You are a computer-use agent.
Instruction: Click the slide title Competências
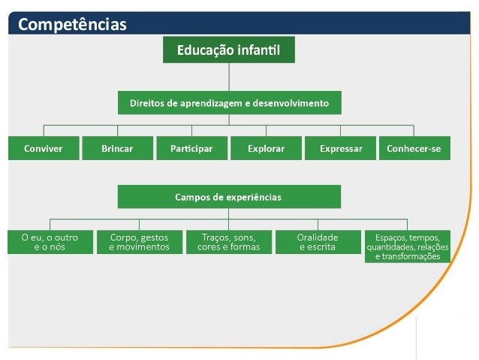click(x=72, y=25)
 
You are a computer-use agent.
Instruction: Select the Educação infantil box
click(x=229, y=51)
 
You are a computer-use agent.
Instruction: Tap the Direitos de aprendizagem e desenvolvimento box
click(x=229, y=102)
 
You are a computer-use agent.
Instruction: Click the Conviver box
click(x=43, y=149)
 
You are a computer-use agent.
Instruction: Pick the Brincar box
click(x=116, y=149)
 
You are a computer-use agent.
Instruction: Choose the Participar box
click(x=191, y=149)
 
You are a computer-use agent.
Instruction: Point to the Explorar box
click(x=266, y=149)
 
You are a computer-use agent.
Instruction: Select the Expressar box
click(x=340, y=149)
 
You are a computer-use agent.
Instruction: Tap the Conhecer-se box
click(x=414, y=149)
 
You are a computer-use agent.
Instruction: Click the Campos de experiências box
click(x=229, y=197)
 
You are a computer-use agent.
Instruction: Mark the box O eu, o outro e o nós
click(x=50, y=242)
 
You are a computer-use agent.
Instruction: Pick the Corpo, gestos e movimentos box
click(x=140, y=242)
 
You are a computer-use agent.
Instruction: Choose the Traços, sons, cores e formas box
click(x=229, y=242)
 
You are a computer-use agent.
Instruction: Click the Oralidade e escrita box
click(x=318, y=242)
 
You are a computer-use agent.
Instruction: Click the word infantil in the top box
click(x=258, y=51)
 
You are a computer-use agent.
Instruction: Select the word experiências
click(x=252, y=197)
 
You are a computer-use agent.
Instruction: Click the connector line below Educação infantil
click(x=229, y=77)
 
